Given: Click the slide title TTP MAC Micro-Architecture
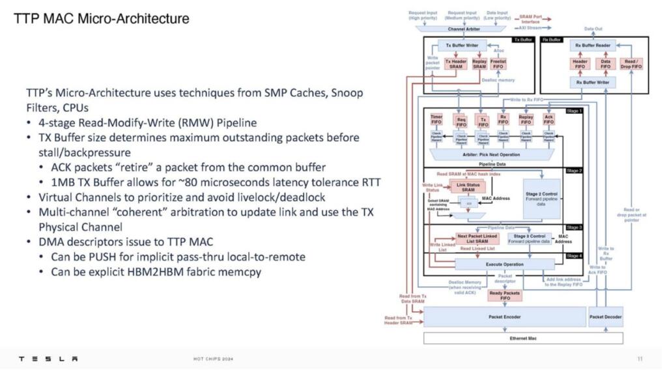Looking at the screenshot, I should pos(102,18).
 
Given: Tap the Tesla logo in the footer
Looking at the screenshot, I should pos(48,359).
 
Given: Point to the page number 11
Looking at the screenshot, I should pos(640,359).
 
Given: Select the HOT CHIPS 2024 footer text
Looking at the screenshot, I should pos(214,359).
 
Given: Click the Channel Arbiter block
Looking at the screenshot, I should pos(464,29).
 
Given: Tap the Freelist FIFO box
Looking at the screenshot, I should pos(498,64).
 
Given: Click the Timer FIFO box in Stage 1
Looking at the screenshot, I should pos(436,120).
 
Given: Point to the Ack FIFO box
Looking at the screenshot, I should pos(548,120).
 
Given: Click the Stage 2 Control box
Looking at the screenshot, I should pos(540,199).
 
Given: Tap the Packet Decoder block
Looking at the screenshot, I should pos(606,317).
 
